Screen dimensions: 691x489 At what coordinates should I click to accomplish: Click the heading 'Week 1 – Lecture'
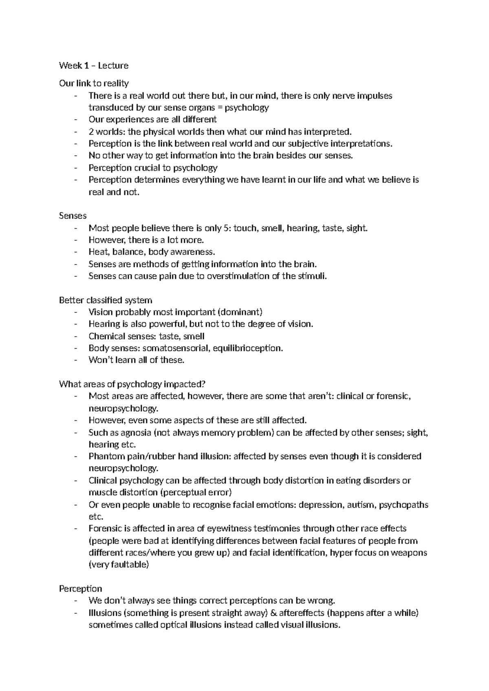[x=94, y=66]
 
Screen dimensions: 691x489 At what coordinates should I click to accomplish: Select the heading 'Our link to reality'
[x=94, y=84]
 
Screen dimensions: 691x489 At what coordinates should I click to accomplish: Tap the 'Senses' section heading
[x=73, y=216]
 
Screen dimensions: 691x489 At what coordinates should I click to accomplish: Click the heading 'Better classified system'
[x=106, y=300]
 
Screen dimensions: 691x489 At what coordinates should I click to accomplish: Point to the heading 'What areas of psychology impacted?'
[x=132, y=384]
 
